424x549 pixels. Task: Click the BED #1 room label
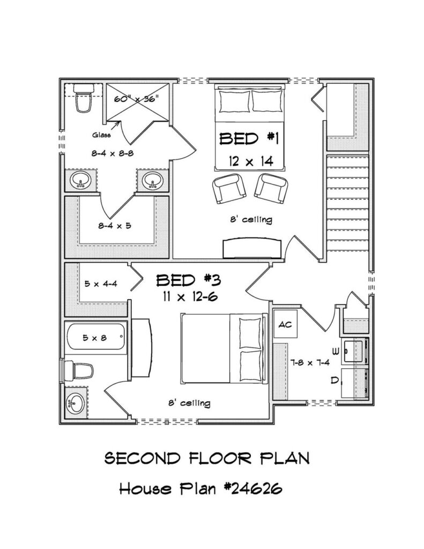point(249,139)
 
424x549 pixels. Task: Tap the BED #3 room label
point(188,280)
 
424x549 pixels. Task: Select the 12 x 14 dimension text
point(251,161)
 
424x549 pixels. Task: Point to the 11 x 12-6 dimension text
point(189,297)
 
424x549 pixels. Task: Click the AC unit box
point(285,324)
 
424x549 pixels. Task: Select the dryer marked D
point(354,383)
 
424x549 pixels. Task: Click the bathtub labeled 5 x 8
point(95,337)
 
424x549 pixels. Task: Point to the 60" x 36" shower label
point(137,99)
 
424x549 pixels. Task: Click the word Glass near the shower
point(101,135)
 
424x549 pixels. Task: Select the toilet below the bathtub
point(79,371)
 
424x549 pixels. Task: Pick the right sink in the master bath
point(153,181)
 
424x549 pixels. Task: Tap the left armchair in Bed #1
point(229,189)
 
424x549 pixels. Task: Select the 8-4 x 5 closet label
point(115,226)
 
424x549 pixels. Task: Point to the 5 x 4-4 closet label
point(101,284)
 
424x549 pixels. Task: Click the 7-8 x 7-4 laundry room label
point(310,363)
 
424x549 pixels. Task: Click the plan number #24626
point(253,488)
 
